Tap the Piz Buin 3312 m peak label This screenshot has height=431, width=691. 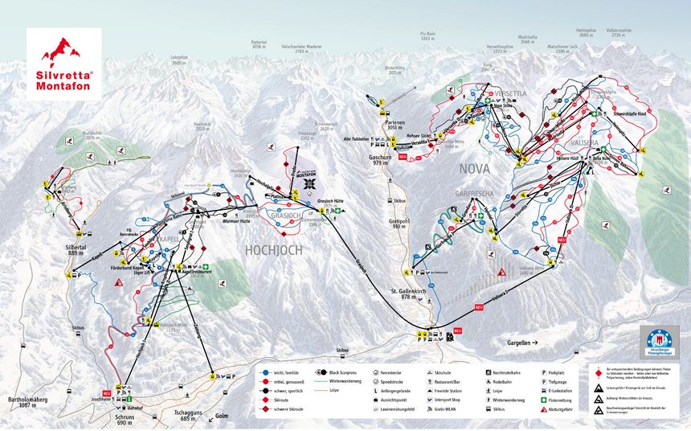pos(427,37)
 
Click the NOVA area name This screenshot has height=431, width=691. pos(475,170)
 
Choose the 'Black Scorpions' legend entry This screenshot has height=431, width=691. pos(346,372)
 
